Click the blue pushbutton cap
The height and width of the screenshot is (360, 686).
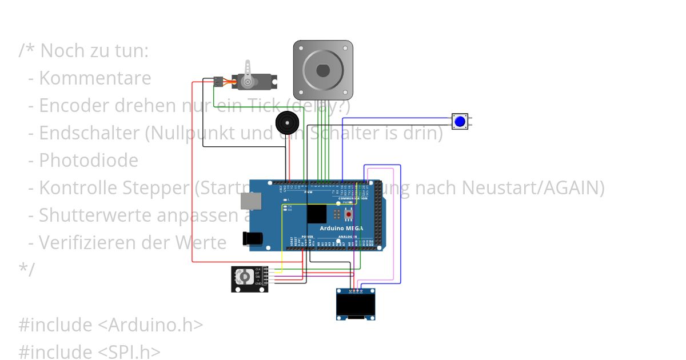coord(460,121)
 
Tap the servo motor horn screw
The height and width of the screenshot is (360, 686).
coord(248,82)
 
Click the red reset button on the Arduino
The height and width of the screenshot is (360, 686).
coord(342,215)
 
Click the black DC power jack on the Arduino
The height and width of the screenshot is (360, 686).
coord(252,239)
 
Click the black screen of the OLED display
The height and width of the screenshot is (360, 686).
coord(356,306)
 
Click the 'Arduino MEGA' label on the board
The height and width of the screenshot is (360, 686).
coord(342,229)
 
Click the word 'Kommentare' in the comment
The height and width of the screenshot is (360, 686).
coord(95,78)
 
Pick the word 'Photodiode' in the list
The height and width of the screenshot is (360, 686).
coord(89,161)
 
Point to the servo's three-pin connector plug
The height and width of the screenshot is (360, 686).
coord(218,82)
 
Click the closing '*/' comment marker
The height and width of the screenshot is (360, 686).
coord(26,269)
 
